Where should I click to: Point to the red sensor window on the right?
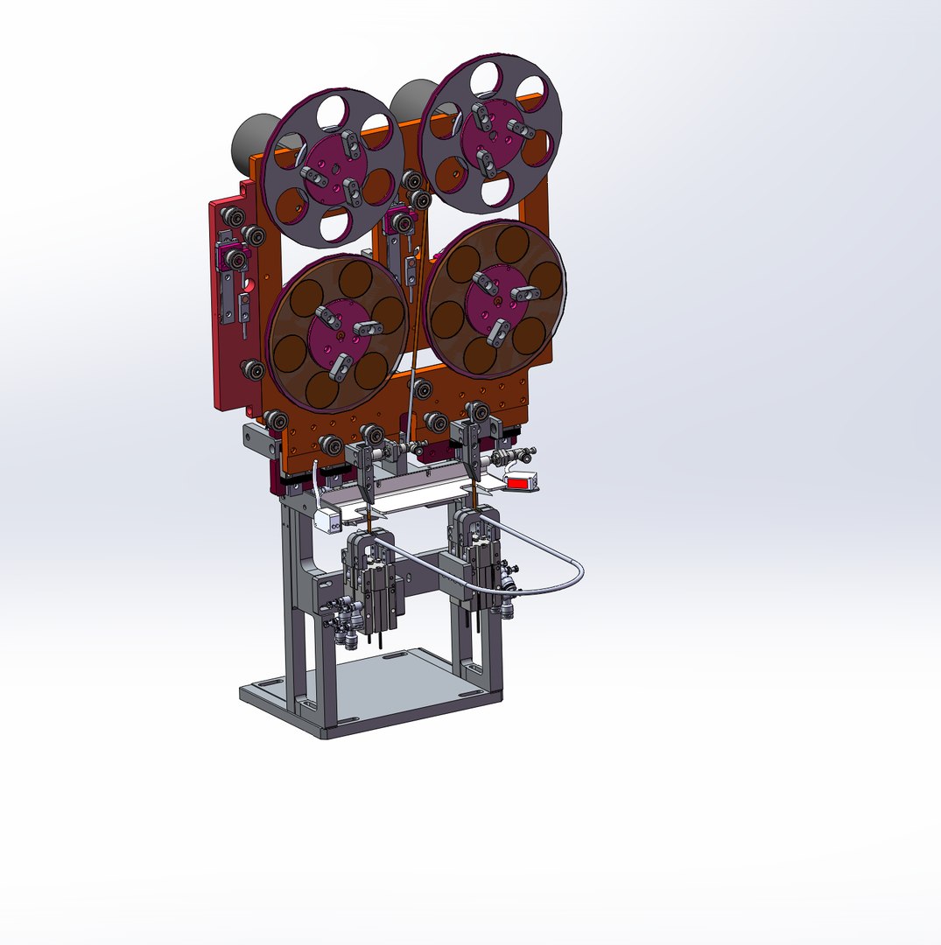pyautogui.click(x=520, y=482)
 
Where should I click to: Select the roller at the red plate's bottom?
pyautogui.click(x=253, y=372)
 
